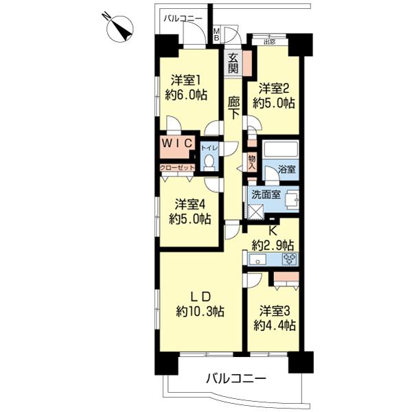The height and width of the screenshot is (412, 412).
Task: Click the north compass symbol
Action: point(119,28)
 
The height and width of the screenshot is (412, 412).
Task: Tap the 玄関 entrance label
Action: point(233,63)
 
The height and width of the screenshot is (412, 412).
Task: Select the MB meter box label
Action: point(217,34)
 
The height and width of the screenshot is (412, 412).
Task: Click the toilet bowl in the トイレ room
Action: point(209,161)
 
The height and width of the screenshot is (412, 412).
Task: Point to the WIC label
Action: point(177,144)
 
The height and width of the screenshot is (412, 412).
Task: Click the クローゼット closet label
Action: point(177,168)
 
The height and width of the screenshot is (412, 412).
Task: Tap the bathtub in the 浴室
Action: point(281,149)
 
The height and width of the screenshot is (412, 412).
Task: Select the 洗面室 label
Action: point(266,195)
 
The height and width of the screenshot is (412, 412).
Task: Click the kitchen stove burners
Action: point(290,259)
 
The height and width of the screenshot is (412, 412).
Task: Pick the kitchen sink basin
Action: point(257,260)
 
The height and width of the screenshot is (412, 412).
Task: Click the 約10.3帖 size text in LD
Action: point(200,312)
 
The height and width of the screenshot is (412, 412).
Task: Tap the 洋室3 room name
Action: point(275,311)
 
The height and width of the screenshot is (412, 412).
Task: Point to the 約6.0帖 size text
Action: point(186,95)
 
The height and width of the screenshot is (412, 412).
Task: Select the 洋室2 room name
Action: point(274,89)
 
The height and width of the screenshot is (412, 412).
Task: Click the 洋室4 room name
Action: point(190,205)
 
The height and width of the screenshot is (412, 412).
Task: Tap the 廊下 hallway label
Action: point(233,108)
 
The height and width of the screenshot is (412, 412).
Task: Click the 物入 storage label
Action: point(252,162)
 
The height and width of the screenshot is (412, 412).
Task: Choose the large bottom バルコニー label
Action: point(236,379)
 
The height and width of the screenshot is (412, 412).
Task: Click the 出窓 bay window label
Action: point(270,42)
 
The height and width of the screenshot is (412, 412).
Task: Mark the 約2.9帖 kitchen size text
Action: point(273,246)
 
